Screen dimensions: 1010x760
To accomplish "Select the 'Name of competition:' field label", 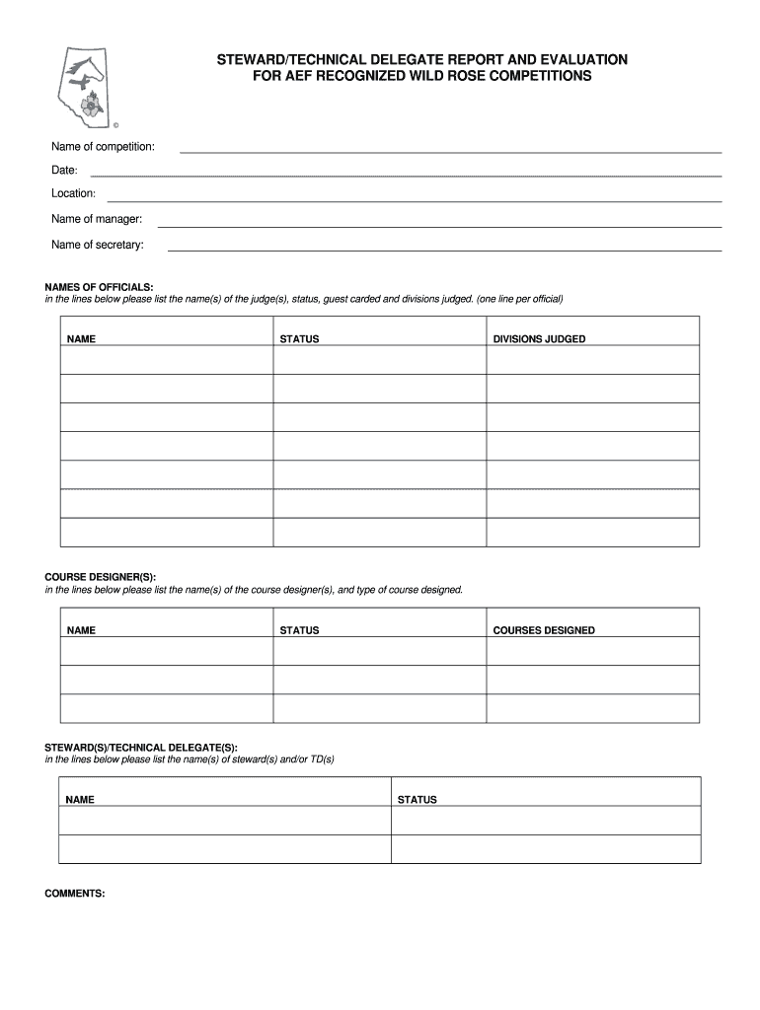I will pyautogui.click(x=103, y=147).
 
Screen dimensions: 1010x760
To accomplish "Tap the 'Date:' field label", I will pyautogui.click(x=65, y=171).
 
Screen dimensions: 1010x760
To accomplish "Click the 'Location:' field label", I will pyautogui.click(x=74, y=193).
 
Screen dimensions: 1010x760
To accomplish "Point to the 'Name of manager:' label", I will pyautogui.click(x=97, y=219).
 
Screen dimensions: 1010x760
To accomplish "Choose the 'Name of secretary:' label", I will pyautogui.click(x=98, y=245).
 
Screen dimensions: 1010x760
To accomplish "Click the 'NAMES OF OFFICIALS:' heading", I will pyautogui.click(x=99, y=287).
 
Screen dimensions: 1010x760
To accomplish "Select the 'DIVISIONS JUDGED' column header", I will pyautogui.click(x=539, y=339).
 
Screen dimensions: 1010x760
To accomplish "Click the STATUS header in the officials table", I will pyautogui.click(x=299, y=339).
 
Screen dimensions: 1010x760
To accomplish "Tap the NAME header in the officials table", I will pyautogui.click(x=81, y=339).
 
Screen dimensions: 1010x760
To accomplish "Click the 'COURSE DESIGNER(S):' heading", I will pyautogui.click(x=100, y=577).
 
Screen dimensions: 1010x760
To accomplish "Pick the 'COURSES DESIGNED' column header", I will pyautogui.click(x=544, y=630).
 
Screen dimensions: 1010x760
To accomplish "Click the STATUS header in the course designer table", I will pyautogui.click(x=299, y=630).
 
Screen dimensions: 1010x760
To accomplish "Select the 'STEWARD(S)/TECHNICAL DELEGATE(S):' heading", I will pyautogui.click(x=141, y=748).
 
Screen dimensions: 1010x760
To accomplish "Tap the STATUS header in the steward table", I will pyautogui.click(x=417, y=800).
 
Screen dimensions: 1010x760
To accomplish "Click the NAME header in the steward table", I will pyautogui.click(x=80, y=800).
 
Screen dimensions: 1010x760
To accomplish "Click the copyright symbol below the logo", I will pyautogui.click(x=115, y=126).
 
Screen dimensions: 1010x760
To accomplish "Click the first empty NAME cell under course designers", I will pyautogui.click(x=167, y=652).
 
